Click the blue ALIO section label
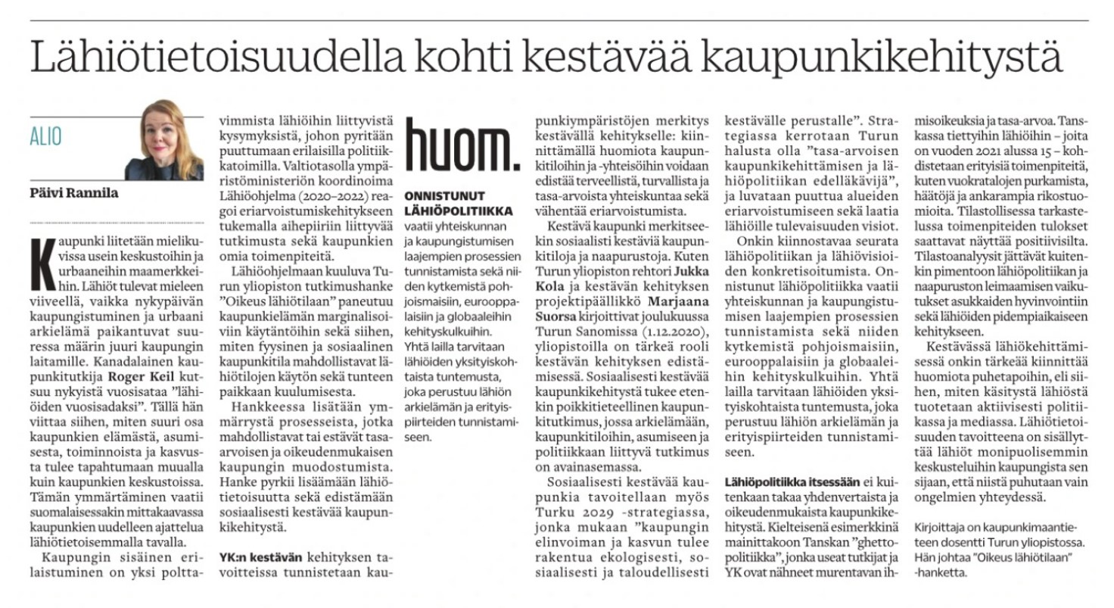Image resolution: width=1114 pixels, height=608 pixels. pos(45,136)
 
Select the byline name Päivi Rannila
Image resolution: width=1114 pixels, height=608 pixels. pos(73,193)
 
